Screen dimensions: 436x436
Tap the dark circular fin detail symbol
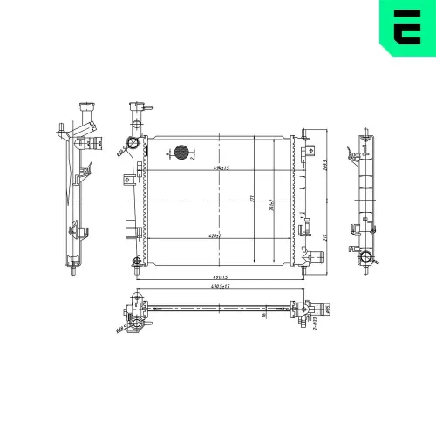[181, 153]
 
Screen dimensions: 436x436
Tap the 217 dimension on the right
[324, 235]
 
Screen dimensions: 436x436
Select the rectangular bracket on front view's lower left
[131, 230]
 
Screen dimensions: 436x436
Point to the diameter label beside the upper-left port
[119, 151]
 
